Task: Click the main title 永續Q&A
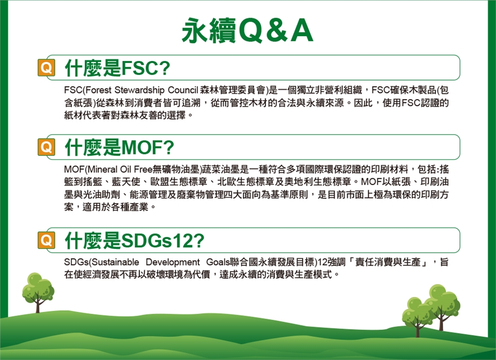click(247, 30)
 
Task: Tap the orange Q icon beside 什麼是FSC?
click(46, 67)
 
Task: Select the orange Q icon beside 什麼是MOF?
click(46, 147)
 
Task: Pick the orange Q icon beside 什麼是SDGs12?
click(46, 240)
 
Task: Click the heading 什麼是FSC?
click(117, 68)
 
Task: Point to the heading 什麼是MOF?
click(119, 147)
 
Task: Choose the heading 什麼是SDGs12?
click(134, 240)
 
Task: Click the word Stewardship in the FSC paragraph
click(139, 90)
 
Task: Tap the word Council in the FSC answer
click(183, 90)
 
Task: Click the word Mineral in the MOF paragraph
click(102, 169)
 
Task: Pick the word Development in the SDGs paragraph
click(173, 262)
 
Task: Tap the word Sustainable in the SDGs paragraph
click(115, 262)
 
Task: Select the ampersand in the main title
click(277, 30)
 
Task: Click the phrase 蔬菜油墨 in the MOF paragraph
click(221, 169)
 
